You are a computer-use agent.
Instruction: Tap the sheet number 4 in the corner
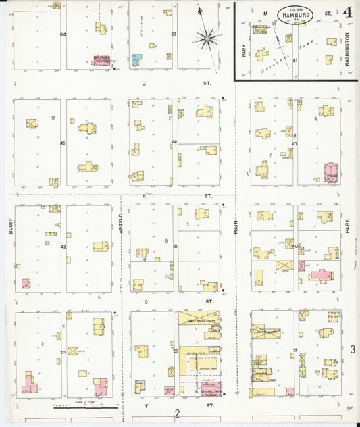tap(346, 12)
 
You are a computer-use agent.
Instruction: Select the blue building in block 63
tap(136, 59)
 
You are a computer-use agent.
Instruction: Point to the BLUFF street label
tap(11, 230)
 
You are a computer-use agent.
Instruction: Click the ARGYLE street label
tap(121, 224)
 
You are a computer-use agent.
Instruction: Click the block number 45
tap(62, 143)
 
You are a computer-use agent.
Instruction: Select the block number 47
tap(295, 143)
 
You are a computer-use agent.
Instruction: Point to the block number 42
tap(62, 247)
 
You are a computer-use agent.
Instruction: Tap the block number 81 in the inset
tap(296, 60)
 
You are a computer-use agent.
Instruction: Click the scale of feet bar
tap(86, 407)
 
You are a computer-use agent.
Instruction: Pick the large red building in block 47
tap(330, 172)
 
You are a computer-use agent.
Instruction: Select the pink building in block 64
tap(101, 61)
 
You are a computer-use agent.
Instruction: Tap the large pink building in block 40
tap(321, 275)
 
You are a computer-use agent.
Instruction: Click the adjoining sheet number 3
tap(352, 348)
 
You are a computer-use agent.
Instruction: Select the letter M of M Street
tap(265, 13)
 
